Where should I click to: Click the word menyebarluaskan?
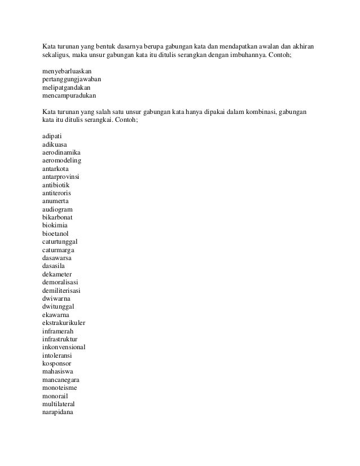(67, 72)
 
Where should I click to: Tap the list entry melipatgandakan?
(65, 89)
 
